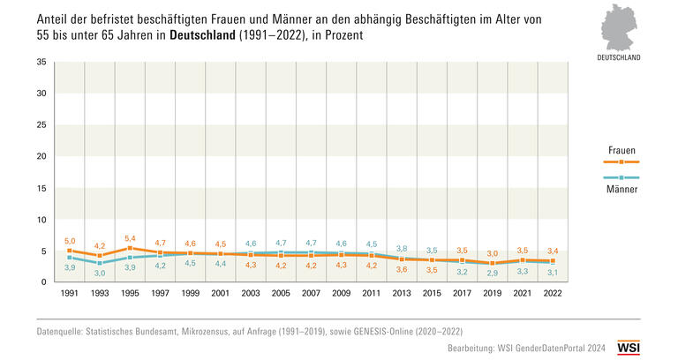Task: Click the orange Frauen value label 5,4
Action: (x=130, y=238)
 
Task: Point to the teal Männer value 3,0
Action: (x=100, y=273)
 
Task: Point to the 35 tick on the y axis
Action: (x=41, y=63)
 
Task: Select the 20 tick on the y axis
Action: (x=41, y=156)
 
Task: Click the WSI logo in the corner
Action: (x=629, y=349)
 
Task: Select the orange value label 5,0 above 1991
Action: (x=70, y=240)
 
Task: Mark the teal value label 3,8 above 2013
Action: (x=402, y=249)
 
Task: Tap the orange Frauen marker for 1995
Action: (x=130, y=249)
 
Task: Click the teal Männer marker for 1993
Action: (x=100, y=263)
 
